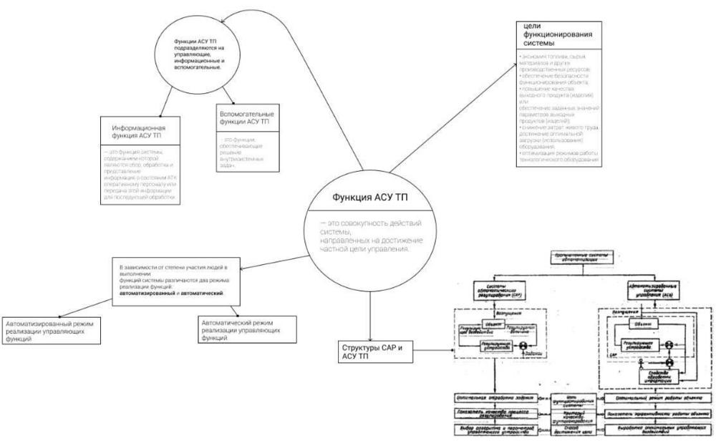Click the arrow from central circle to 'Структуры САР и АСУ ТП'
pos(371,314)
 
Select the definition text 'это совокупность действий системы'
pos(365,236)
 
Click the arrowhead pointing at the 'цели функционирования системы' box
pos(513,69)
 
